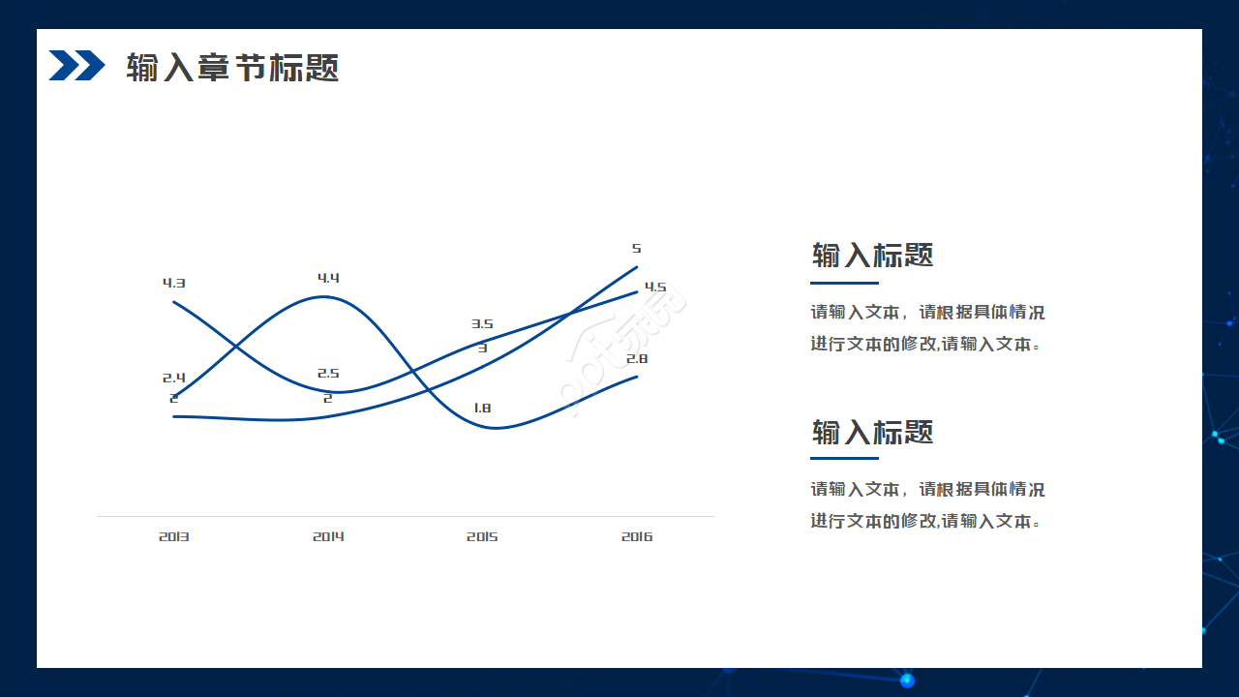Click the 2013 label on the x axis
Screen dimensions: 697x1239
[174, 536]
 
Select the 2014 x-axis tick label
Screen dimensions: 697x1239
[328, 536]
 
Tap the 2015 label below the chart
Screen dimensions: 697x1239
[482, 536]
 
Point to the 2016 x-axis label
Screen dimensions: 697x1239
[637, 536]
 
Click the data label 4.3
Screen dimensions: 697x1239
[174, 284]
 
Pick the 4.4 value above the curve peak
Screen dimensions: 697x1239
[328, 279]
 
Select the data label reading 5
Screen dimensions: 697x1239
[637, 249]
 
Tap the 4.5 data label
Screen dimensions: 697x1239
[655, 288]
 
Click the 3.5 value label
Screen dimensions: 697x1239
[482, 324]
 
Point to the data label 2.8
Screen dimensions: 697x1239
[637, 359]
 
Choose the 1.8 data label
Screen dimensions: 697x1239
[482, 409]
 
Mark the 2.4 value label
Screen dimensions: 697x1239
[174, 378]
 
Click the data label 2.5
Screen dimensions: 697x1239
[328, 374]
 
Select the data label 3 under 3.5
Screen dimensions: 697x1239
[482, 348]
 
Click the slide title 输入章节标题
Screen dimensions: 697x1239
[232, 68]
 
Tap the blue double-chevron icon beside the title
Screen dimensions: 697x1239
[76, 66]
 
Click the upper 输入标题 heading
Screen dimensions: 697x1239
[872, 256]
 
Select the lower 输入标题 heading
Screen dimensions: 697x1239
[872, 432]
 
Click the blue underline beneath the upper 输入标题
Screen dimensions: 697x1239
[844, 283]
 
